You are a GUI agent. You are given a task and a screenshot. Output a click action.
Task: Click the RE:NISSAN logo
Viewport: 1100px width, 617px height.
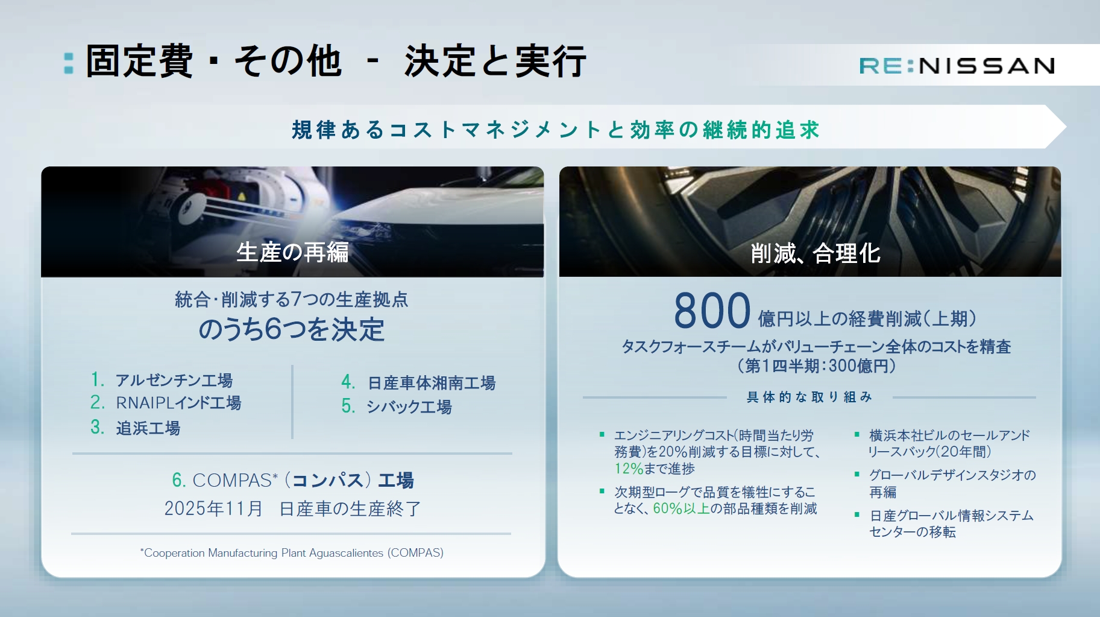pos(957,66)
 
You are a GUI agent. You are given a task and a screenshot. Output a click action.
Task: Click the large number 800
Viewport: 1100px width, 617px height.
pos(712,311)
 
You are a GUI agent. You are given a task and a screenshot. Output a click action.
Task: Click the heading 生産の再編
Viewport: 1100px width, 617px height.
pos(292,252)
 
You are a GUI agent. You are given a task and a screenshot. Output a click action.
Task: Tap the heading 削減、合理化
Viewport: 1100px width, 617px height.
pos(815,253)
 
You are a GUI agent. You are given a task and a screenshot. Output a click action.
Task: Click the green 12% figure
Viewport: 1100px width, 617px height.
pos(629,469)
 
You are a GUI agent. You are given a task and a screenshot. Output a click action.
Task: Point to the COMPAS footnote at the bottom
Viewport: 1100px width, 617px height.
pos(292,552)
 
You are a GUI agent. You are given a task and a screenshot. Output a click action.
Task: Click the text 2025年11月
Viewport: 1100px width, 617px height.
pos(213,508)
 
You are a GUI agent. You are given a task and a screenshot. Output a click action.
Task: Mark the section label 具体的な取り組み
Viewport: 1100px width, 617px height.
pos(809,397)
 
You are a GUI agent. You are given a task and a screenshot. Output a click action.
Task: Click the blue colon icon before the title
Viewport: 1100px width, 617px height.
pos(69,63)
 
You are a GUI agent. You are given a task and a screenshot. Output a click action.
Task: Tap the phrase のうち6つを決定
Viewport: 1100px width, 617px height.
pos(292,330)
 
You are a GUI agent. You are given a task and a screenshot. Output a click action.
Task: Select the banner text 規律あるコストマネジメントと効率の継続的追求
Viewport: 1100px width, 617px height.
pos(555,130)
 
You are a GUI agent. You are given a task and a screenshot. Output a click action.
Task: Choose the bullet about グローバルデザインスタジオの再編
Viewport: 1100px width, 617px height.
pos(951,483)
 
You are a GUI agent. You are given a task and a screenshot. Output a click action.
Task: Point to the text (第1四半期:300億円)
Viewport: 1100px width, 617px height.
pos(816,365)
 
